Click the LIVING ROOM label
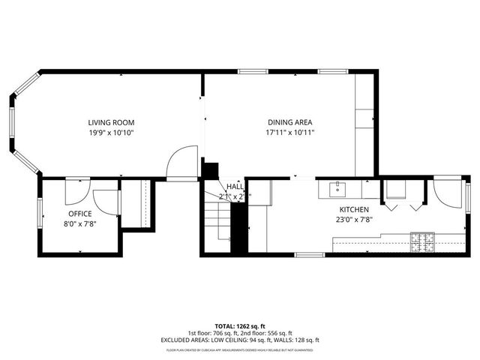(111, 122)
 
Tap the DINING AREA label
(289, 122)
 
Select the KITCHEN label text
(354, 210)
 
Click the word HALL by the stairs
(235, 187)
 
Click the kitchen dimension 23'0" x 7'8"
(354, 220)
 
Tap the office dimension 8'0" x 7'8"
(79, 223)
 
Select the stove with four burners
(423, 241)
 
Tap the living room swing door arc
(181, 161)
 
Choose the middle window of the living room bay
(11, 122)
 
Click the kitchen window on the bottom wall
(309, 255)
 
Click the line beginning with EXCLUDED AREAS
(239, 339)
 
